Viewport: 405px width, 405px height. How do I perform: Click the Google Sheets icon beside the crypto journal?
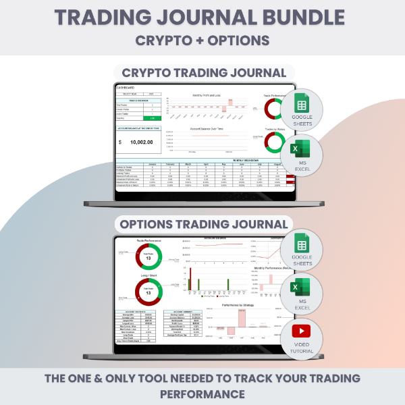(300, 108)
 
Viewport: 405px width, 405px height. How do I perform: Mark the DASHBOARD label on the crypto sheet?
(126, 88)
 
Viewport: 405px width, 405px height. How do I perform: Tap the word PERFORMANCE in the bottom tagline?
(202, 393)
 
